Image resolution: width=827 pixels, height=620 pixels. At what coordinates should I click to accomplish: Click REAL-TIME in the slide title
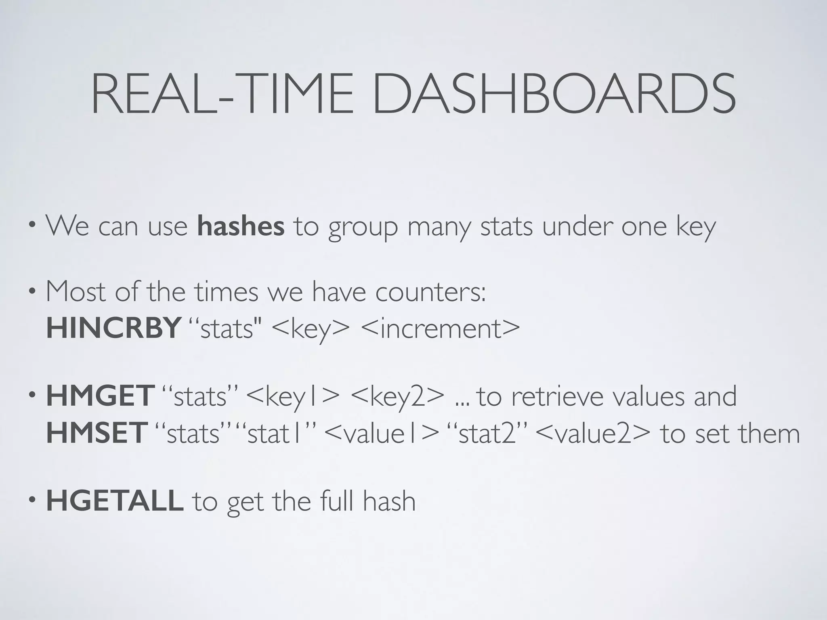pyautogui.click(x=222, y=94)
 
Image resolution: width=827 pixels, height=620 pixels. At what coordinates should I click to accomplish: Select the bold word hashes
pyautogui.click(x=241, y=226)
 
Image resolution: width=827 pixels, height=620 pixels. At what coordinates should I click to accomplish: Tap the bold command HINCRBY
pyautogui.click(x=113, y=328)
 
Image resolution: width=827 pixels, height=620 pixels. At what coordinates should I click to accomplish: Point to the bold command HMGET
pyautogui.click(x=100, y=396)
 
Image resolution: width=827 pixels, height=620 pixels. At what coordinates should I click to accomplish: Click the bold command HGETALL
pyautogui.click(x=115, y=501)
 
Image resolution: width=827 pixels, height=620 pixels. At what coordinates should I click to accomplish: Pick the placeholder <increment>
pyautogui.click(x=441, y=328)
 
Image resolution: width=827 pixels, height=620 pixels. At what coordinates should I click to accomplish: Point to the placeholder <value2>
pyautogui.click(x=594, y=434)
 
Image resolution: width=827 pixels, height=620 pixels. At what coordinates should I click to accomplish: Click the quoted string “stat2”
pyautogui.click(x=487, y=434)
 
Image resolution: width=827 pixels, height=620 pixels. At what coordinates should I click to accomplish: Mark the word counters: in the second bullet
pyautogui.click(x=430, y=291)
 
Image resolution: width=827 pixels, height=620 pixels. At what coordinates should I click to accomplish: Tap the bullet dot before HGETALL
pyautogui.click(x=33, y=501)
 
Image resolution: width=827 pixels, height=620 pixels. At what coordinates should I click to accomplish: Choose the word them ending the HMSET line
pyautogui.click(x=769, y=433)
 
